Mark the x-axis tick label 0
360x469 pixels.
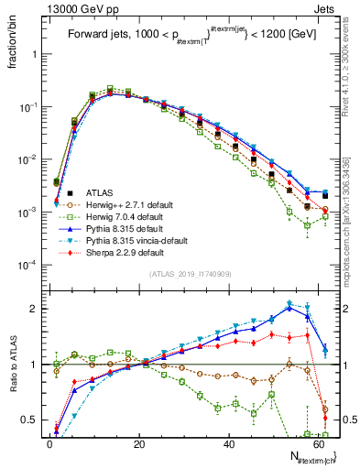click(x=49, y=443)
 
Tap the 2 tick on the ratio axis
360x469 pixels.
click(x=34, y=309)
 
